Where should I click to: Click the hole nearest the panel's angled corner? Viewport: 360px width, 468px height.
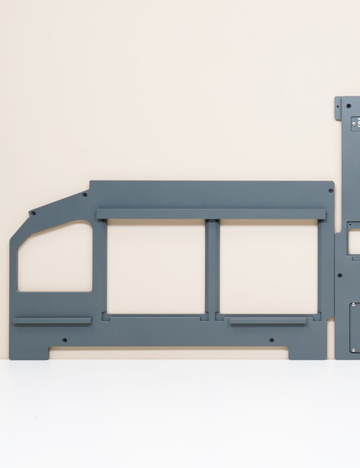(34, 213)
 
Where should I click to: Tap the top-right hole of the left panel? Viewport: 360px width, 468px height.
(330, 191)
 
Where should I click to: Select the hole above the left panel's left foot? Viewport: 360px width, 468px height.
(65, 340)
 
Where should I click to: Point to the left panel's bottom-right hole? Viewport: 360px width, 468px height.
(272, 340)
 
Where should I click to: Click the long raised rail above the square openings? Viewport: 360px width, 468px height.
(211, 214)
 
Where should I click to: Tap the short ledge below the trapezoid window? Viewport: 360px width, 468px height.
(52, 321)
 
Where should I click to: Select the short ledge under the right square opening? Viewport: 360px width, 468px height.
(268, 321)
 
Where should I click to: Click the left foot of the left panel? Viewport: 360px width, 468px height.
(29, 353)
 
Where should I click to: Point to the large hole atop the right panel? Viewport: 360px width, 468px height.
(349, 106)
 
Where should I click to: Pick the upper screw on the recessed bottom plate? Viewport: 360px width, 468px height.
(354, 304)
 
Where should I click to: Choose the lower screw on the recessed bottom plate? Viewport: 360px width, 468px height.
(354, 350)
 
